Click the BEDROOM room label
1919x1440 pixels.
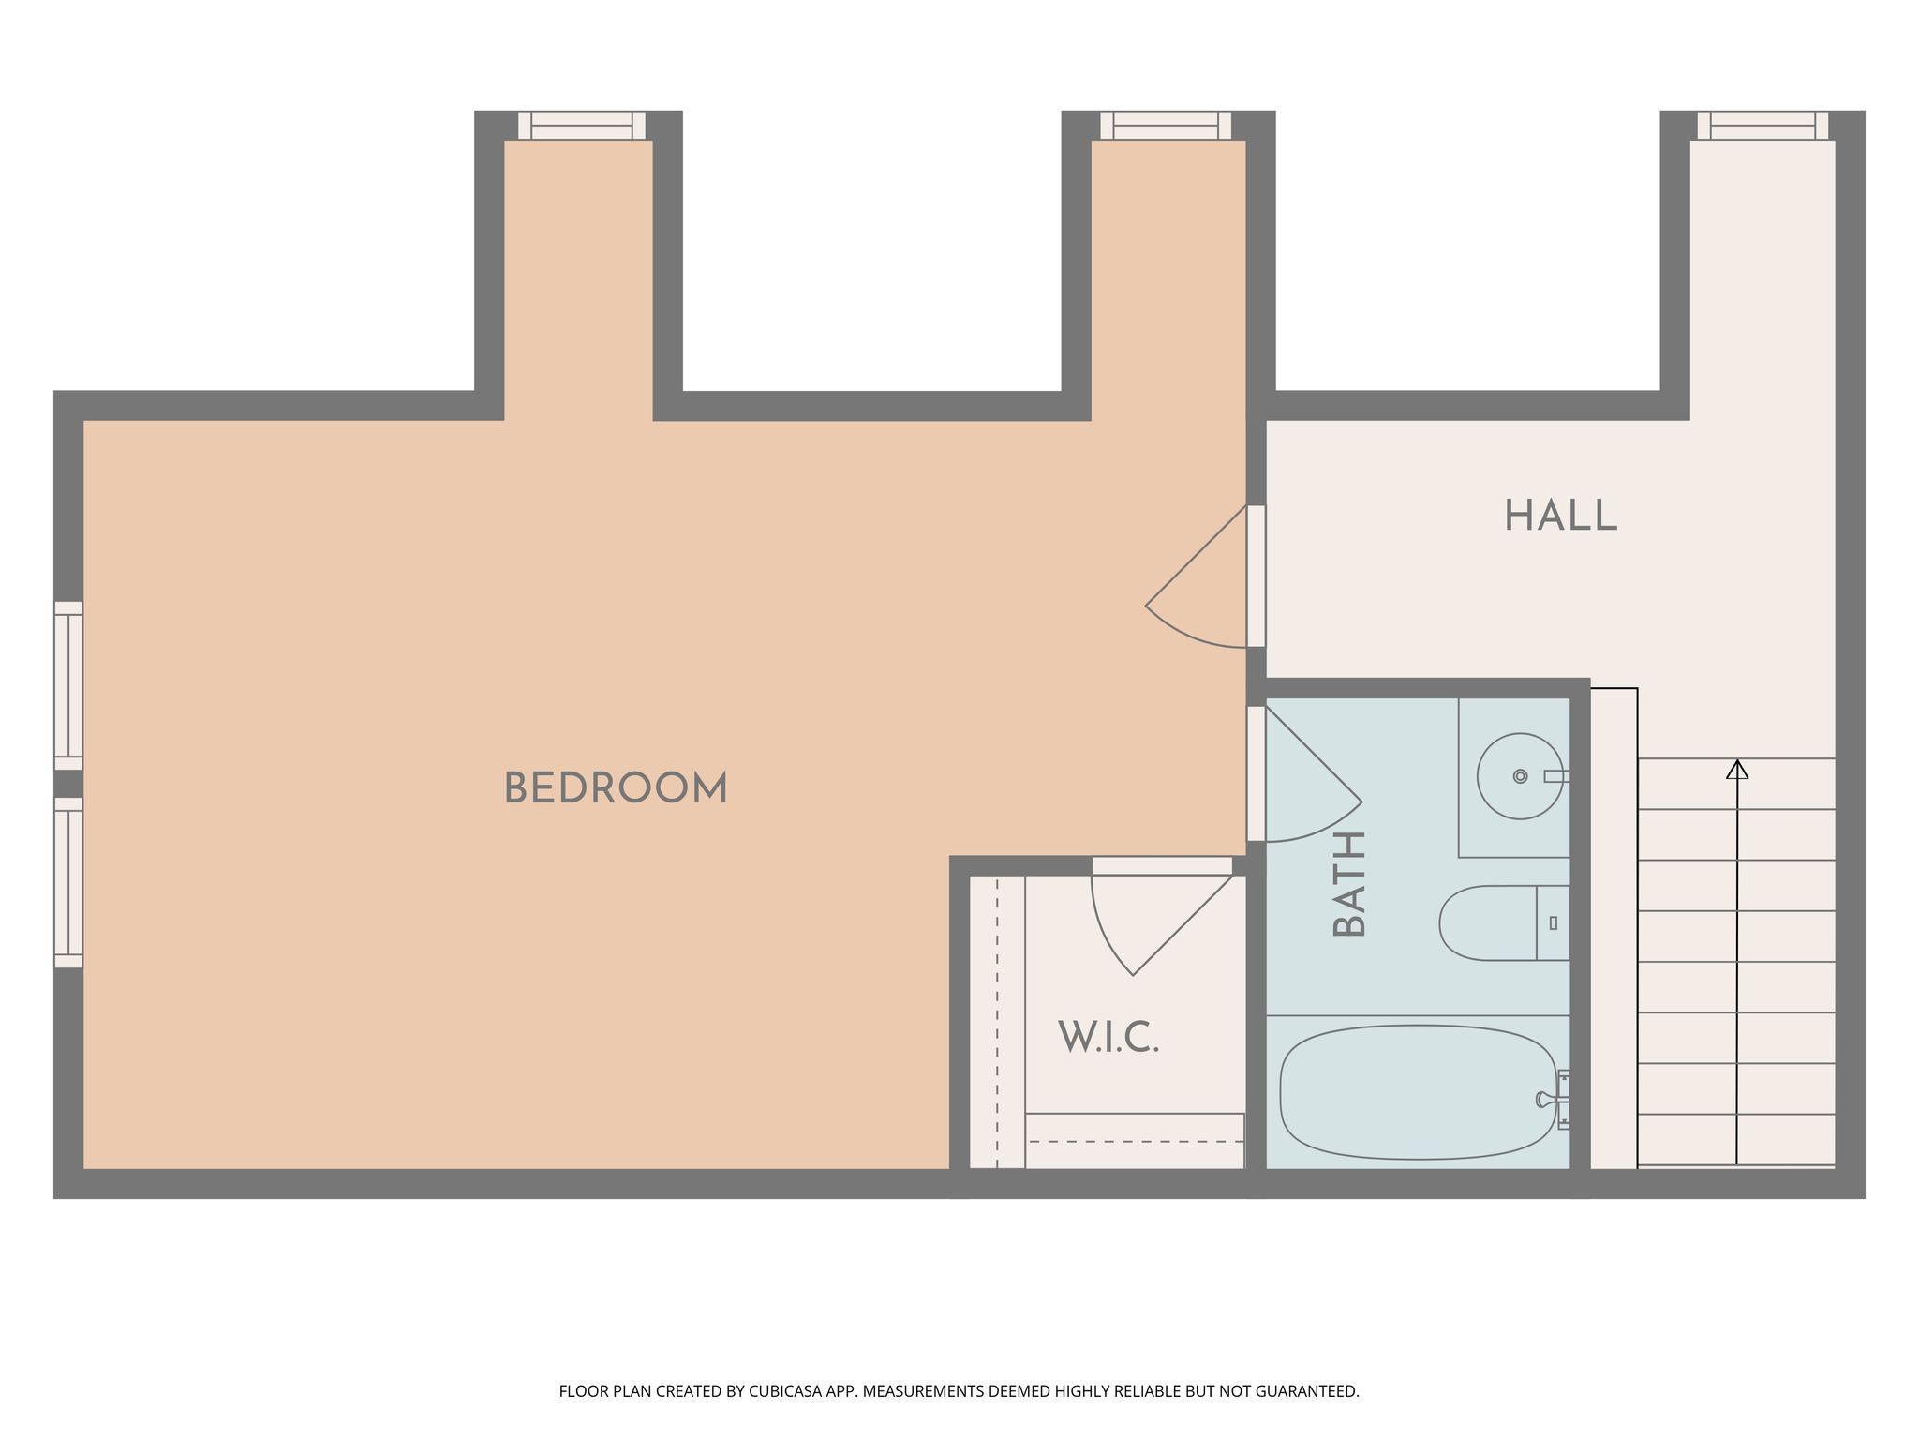[616, 788]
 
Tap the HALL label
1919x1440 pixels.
[1560, 516]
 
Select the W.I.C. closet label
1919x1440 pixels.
[1108, 1037]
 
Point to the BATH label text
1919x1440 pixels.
[1349, 884]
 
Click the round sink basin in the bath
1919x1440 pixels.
[1520, 776]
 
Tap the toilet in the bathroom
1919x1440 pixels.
[1504, 922]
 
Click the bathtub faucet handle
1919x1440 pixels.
[1546, 1098]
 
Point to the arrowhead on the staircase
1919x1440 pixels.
[1737, 769]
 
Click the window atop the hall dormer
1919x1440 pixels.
[1763, 125]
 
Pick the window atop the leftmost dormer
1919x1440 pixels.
[582, 125]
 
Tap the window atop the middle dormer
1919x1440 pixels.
[1166, 125]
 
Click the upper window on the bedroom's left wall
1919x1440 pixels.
[68, 685]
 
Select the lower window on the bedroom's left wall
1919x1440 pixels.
[68, 883]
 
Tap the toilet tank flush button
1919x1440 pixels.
[1554, 922]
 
